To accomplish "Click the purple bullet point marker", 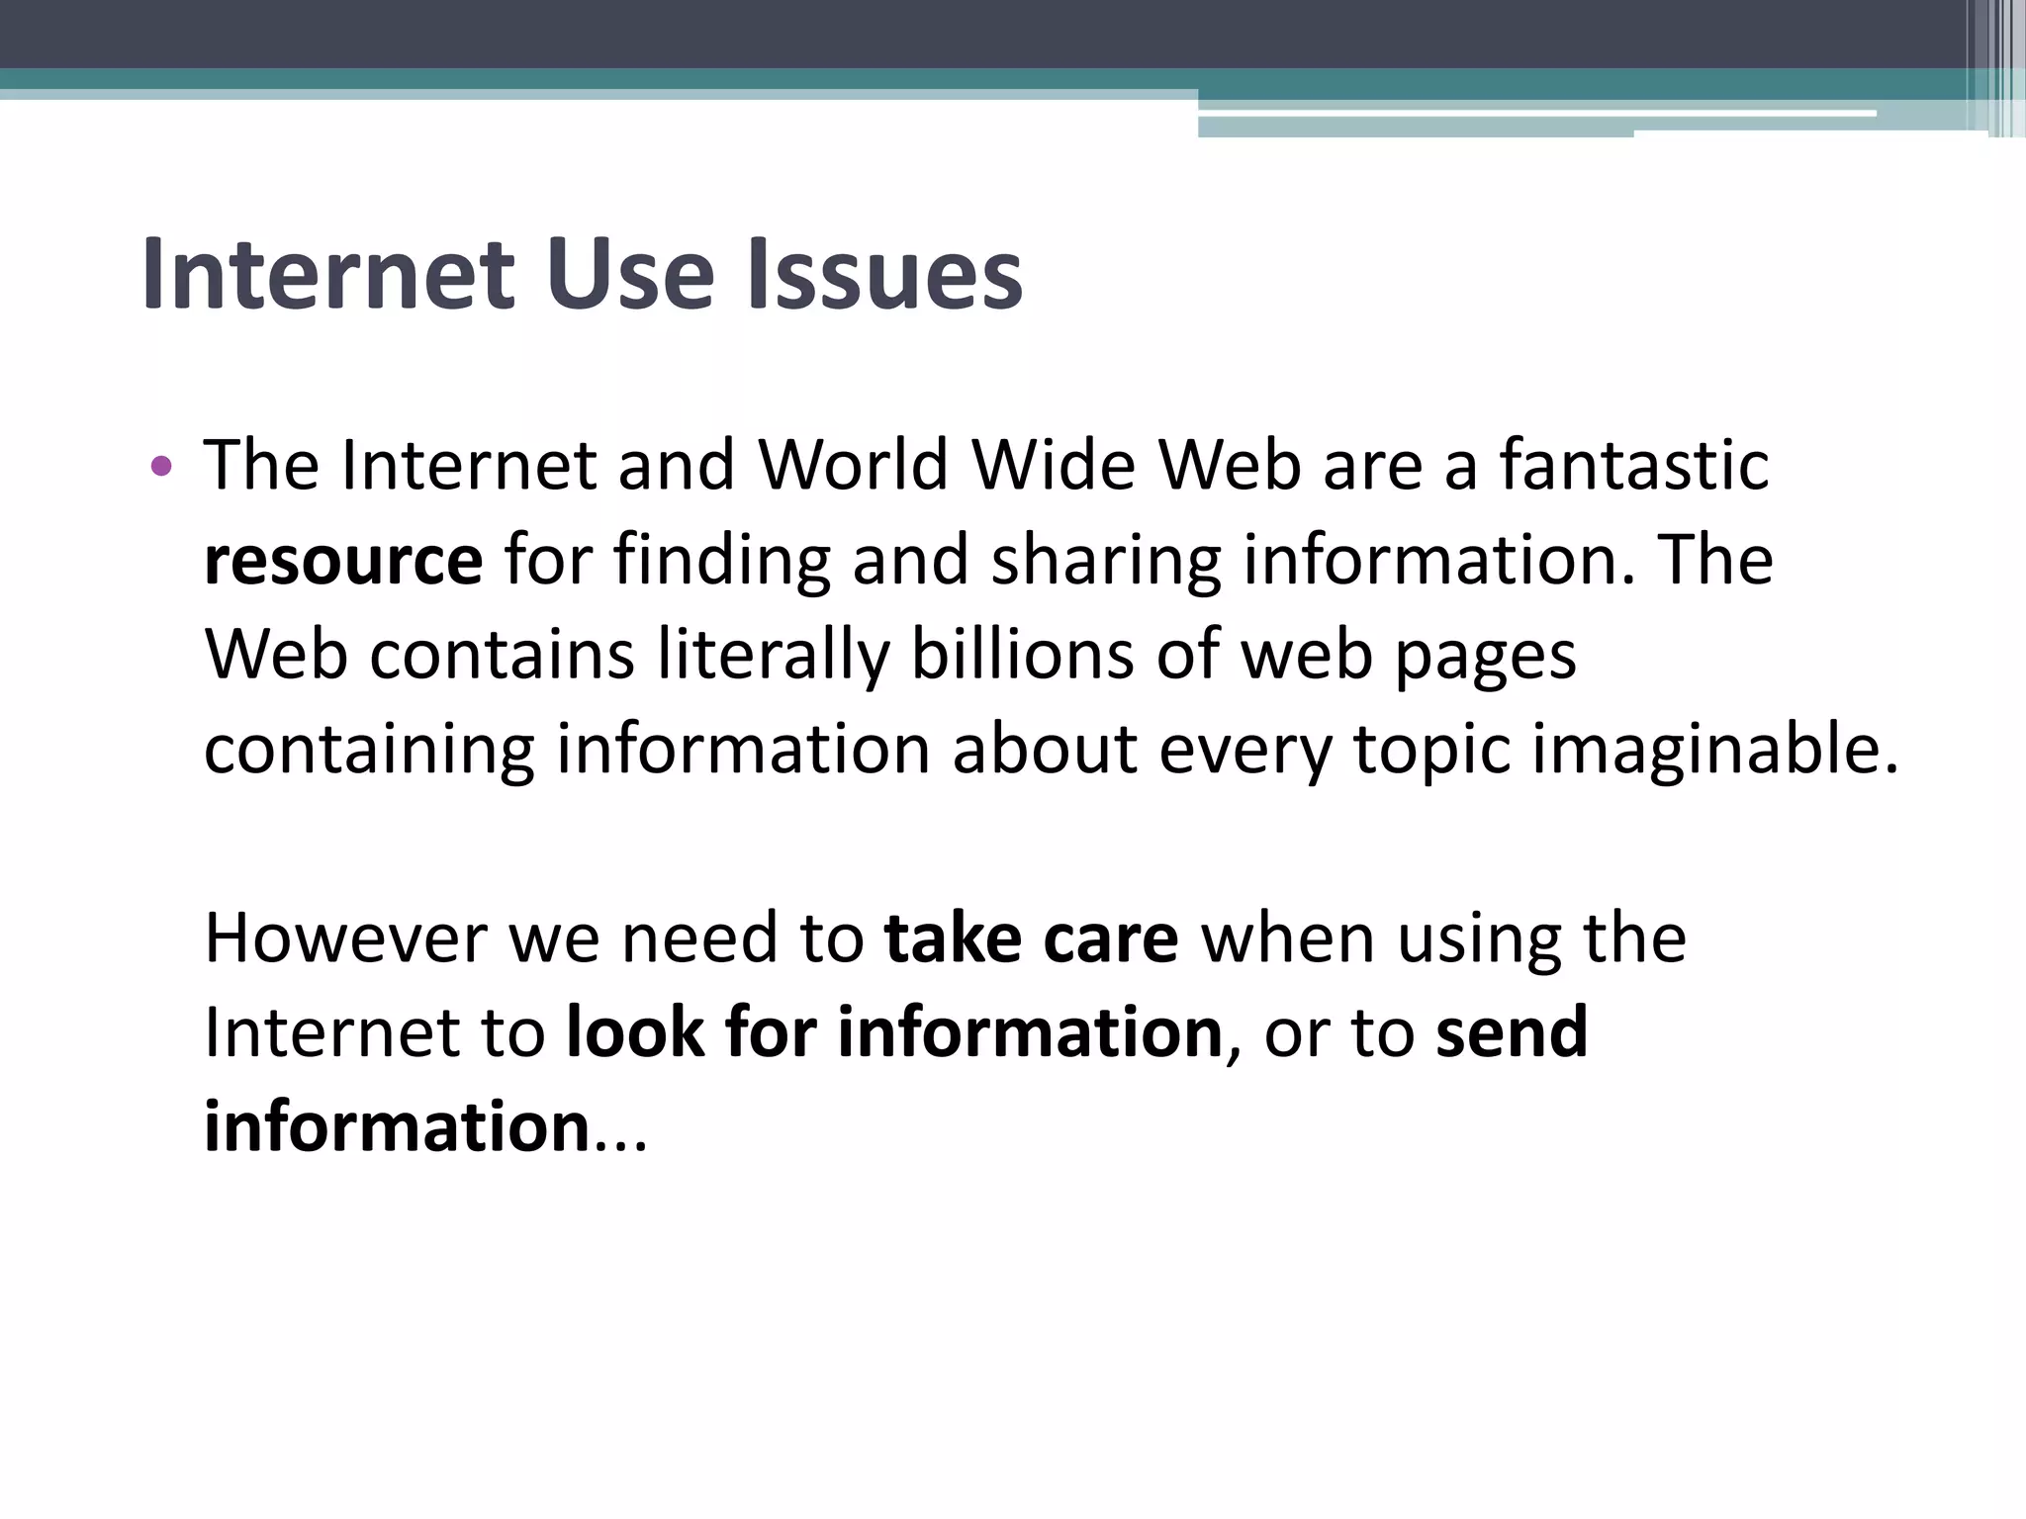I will click(160, 465).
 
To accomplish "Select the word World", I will click(853, 465).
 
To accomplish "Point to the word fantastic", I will click(1633, 465).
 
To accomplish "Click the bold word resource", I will click(343, 561).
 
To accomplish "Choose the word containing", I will click(369, 750).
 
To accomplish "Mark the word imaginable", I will click(1715, 750).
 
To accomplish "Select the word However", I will click(344, 938).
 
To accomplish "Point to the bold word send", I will click(1511, 1032).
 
